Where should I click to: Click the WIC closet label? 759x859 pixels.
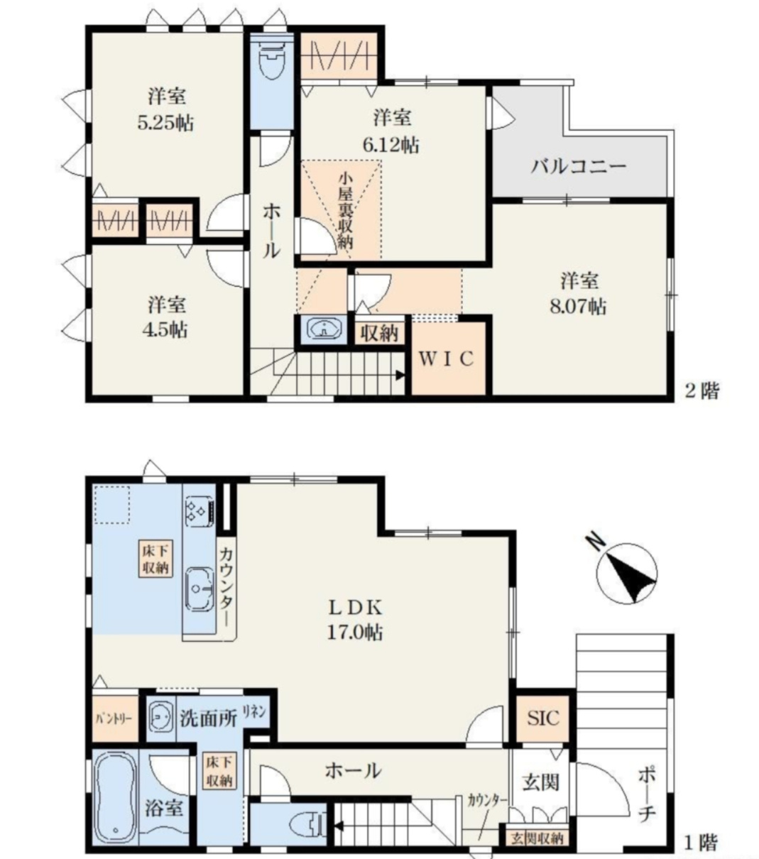(445, 359)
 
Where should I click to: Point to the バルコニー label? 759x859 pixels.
(579, 167)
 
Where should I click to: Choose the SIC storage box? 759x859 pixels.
(543, 717)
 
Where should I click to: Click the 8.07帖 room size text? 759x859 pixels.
(580, 307)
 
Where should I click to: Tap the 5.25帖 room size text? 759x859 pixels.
(166, 122)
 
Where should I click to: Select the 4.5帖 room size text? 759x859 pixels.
(168, 329)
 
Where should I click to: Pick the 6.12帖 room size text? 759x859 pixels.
(391, 145)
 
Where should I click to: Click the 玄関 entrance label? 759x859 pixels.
(541, 782)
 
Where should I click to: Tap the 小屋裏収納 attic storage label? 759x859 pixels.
(345, 209)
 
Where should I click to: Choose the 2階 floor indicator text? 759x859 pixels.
(701, 390)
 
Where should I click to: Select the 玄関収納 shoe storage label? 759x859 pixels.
(537, 838)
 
